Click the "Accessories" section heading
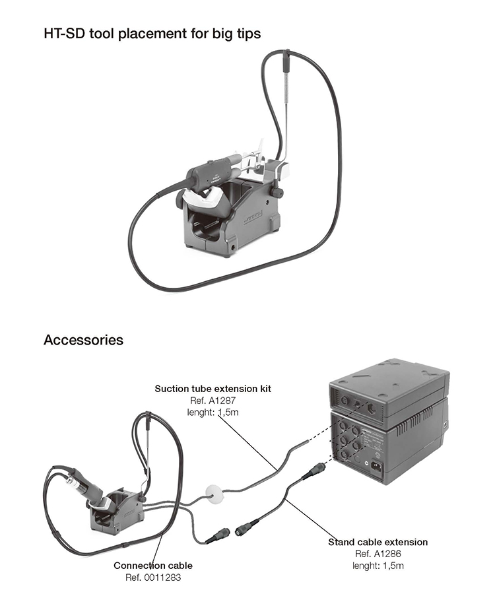point(83,340)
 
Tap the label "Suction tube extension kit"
point(213,389)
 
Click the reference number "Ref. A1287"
point(213,400)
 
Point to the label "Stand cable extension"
point(378,542)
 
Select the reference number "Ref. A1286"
point(378,554)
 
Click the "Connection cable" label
point(153,566)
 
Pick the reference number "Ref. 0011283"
point(153,578)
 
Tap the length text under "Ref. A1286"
point(378,566)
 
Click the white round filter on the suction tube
point(213,492)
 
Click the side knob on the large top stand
point(278,192)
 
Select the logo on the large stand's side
point(252,218)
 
